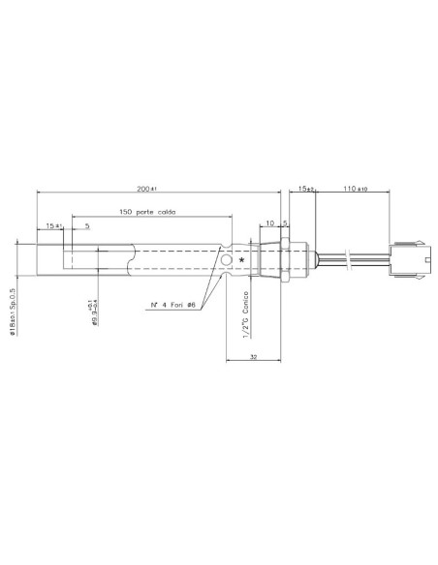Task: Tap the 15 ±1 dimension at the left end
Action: pyautogui.click(x=54, y=225)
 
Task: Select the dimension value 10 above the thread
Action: pyautogui.click(x=269, y=223)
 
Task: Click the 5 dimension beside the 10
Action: pyautogui.click(x=284, y=223)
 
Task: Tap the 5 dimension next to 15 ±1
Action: pyautogui.click(x=87, y=225)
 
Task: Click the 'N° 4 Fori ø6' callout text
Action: pyautogui.click(x=173, y=305)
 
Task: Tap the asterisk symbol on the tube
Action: pyautogui.click(x=240, y=261)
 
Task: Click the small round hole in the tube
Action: pyautogui.click(x=227, y=261)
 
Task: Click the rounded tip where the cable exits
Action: pyautogui.click(x=313, y=260)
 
